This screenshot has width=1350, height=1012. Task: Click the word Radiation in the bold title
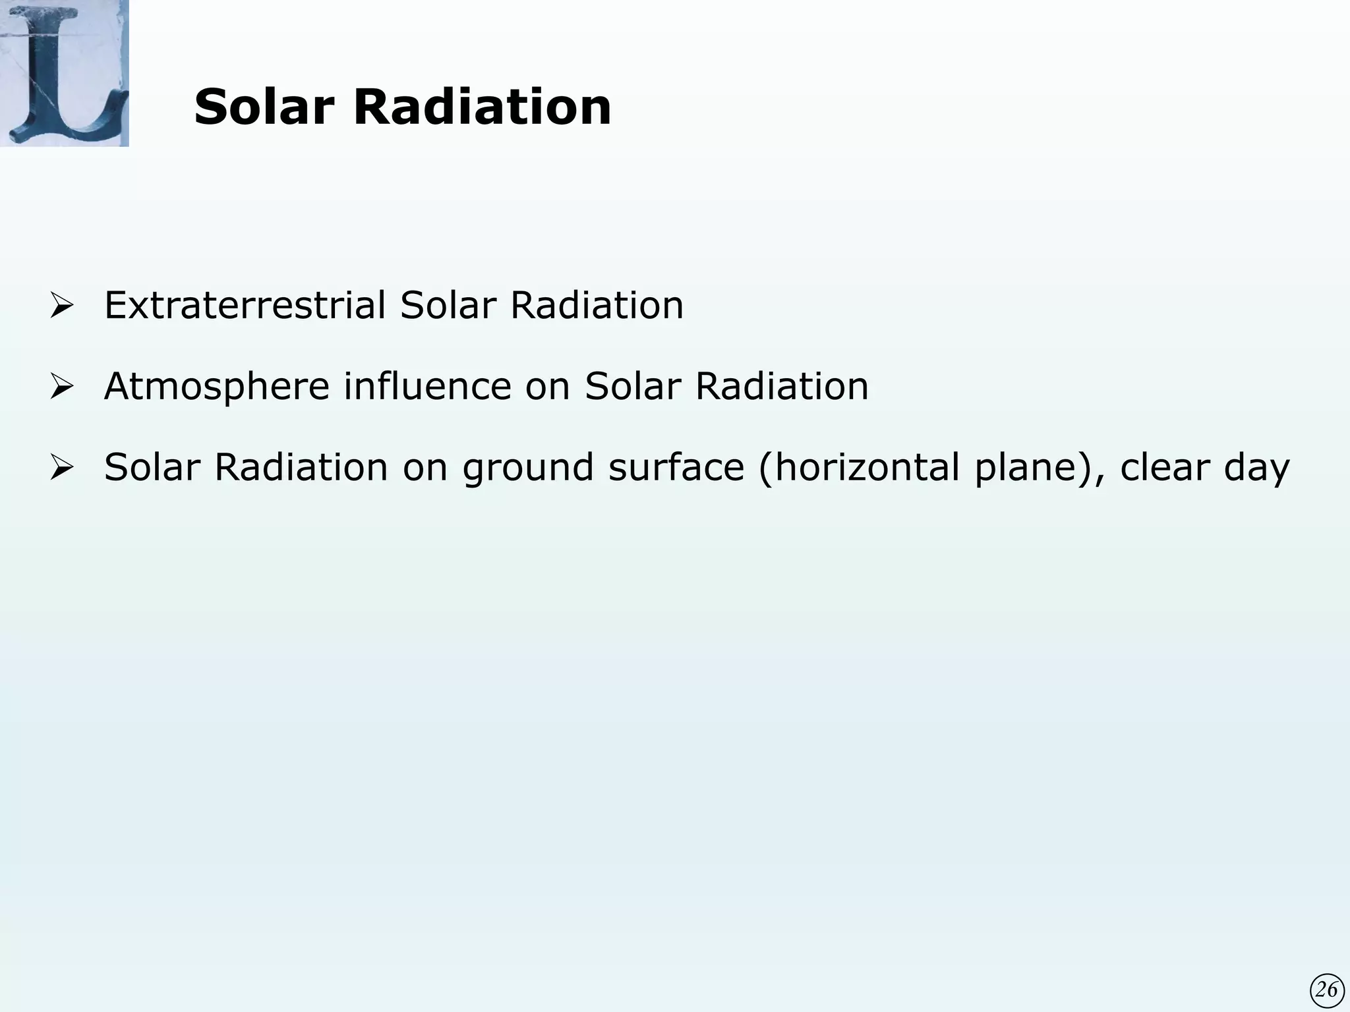483,107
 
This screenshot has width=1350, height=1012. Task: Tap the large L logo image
64,72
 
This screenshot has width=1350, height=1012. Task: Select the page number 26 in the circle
1326,990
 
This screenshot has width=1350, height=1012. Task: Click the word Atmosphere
217,387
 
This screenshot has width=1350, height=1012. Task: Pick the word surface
676,468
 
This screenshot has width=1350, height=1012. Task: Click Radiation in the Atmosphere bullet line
782,387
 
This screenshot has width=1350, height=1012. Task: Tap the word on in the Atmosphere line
548,387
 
